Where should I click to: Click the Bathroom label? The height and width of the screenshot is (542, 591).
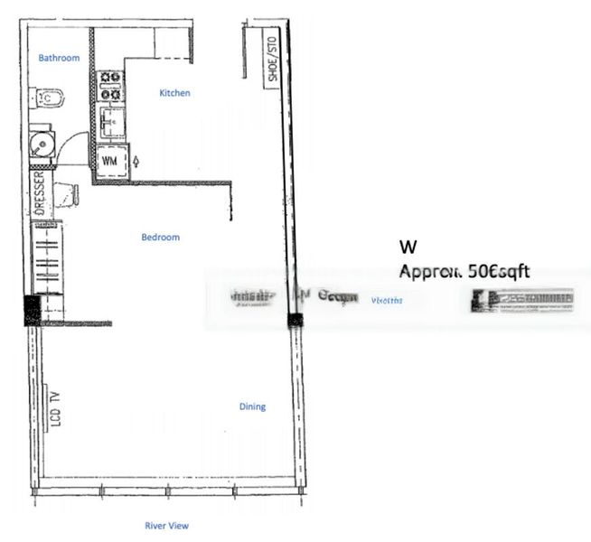[59, 58]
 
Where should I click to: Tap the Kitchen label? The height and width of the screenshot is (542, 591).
[174, 93]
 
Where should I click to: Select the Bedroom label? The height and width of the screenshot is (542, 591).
[160, 238]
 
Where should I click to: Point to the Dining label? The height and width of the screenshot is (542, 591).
[252, 406]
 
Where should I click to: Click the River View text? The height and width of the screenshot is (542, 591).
[167, 525]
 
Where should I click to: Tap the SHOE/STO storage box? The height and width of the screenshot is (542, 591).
[270, 58]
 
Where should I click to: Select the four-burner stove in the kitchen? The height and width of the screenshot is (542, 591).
[111, 86]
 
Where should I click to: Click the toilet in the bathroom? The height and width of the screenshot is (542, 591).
[46, 98]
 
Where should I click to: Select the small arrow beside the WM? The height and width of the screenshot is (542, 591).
[136, 161]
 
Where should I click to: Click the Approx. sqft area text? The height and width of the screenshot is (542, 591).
[465, 270]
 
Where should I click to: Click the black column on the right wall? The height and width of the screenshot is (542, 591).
[293, 321]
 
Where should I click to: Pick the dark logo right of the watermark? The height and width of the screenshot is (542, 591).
[521, 300]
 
